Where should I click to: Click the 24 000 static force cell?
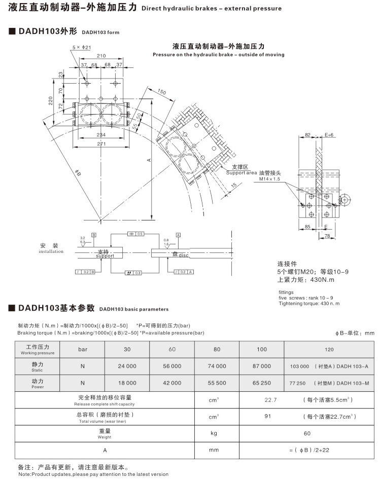127,366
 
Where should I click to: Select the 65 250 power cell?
262,383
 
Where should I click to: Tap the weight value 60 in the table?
307,433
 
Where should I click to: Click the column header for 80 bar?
217,350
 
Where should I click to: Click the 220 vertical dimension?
51,101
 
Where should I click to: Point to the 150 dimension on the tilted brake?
161,92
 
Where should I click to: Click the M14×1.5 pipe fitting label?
270,179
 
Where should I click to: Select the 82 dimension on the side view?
307,135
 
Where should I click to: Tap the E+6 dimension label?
329,135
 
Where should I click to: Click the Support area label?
242,172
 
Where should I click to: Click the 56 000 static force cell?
172,366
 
